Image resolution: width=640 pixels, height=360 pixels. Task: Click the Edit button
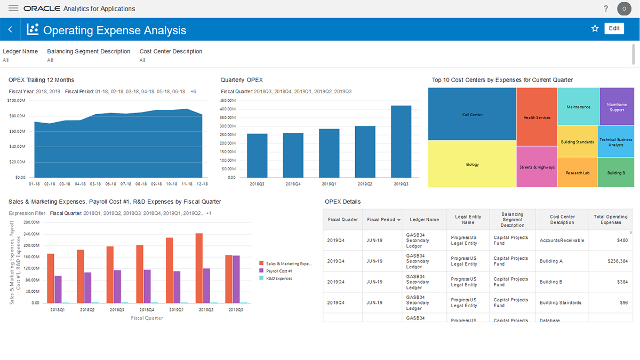coord(614,29)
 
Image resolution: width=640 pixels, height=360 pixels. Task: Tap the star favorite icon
coord(595,29)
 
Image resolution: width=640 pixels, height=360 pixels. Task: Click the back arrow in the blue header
coord(10,29)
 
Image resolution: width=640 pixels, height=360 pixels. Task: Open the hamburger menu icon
coord(13,9)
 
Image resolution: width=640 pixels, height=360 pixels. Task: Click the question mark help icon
coord(606,9)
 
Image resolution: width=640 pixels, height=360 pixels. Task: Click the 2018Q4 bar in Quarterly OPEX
coord(293,155)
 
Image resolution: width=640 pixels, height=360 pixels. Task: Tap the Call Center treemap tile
coord(472,115)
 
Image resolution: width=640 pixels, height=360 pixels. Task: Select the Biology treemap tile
coord(472,164)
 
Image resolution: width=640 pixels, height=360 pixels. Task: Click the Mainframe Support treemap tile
coord(617,107)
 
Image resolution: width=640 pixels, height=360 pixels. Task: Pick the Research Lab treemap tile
coord(577,172)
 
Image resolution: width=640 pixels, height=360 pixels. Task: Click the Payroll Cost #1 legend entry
coord(280,271)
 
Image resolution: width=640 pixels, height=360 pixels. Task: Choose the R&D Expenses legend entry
coord(279,278)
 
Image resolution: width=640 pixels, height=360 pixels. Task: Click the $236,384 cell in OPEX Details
coord(618,261)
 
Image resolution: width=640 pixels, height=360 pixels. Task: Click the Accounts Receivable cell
coord(562,241)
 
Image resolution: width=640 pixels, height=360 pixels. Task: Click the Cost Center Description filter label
coord(171,52)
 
